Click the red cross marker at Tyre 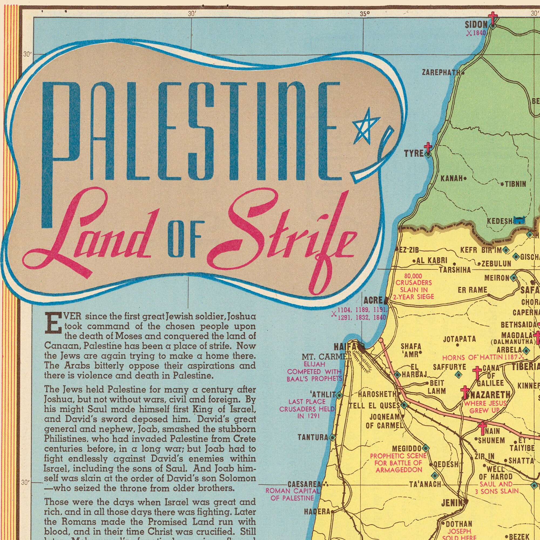tap(427, 147)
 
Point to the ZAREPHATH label tap(441, 73)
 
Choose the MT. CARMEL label tap(326, 357)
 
